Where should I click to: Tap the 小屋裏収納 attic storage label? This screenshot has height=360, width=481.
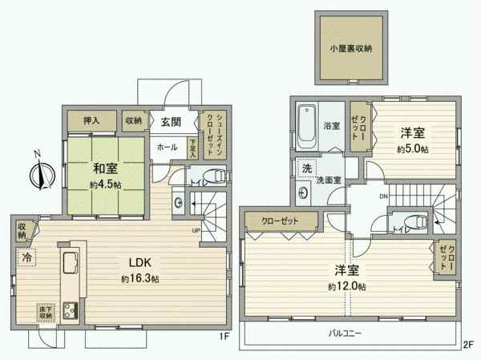tap(350, 48)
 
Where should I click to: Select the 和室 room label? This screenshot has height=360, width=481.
tap(102, 168)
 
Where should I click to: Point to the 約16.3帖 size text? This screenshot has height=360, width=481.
tap(140, 279)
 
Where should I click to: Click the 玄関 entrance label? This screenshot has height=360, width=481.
tap(169, 122)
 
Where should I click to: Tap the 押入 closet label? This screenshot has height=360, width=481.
tap(91, 120)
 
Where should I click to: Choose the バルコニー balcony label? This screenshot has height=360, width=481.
tap(346, 331)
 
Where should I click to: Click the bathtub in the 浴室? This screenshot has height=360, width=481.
tap(307, 127)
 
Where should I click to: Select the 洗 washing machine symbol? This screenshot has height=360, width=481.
tap(307, 168)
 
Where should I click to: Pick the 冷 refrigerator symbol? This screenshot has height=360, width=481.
tap(26, 258)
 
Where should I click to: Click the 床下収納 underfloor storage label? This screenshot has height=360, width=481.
tap(45, 312)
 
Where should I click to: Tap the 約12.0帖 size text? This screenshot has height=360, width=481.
tap(346, 286)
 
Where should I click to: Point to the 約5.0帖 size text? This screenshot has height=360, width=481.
tap(412, 150)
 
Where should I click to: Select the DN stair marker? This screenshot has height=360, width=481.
tap(383, 196)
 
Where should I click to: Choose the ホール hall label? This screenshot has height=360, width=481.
tap(168, 148)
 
